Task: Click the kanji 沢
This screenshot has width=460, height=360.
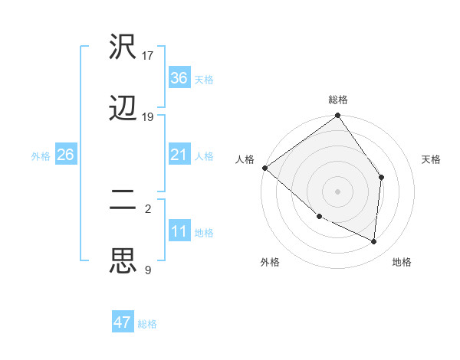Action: (123, 48)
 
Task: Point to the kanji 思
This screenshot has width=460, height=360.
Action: (123, 260)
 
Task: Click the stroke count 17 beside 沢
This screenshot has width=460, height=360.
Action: (148, 56)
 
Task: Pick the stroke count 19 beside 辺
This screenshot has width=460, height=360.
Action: (148, 117)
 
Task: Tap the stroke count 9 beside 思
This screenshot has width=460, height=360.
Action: (148, 269)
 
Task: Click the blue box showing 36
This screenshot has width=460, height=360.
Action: (179, 78)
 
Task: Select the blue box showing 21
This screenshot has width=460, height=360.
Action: (179, 155)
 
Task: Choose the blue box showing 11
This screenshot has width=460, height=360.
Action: (179, 231)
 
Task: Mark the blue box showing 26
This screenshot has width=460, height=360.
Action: (65, 155)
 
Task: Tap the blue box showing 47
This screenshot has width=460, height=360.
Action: (123, 322)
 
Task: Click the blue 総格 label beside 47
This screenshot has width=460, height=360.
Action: (148, 324)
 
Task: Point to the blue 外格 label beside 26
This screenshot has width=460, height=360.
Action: (41, 156)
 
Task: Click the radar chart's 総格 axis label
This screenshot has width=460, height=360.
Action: (338, 100)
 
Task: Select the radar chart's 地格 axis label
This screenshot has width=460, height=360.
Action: (402, 263)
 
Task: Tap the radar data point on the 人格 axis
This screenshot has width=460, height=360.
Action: (264, 168)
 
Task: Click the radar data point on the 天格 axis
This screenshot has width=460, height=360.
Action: (382, 177)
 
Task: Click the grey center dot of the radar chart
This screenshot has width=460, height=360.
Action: (338, 191)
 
